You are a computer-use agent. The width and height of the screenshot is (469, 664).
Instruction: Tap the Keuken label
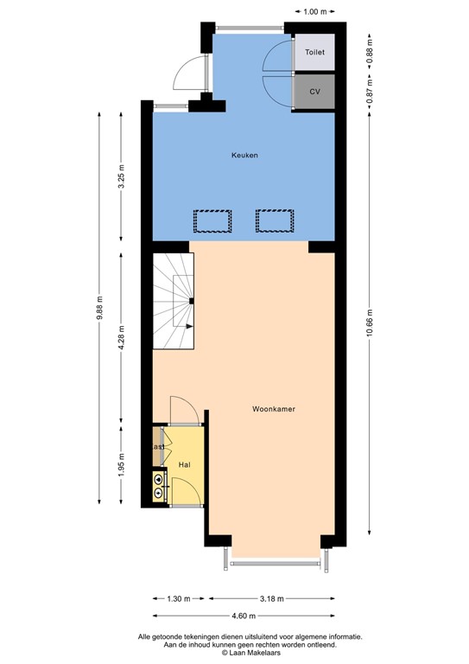point(244,156)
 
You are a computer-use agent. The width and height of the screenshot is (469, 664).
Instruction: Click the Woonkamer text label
point(275,409)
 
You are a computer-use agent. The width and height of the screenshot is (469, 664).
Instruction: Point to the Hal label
point(184,465)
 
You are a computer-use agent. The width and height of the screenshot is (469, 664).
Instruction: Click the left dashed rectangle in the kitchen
point(212,221)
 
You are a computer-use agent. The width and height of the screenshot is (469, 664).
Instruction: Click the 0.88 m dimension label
point(370,51)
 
